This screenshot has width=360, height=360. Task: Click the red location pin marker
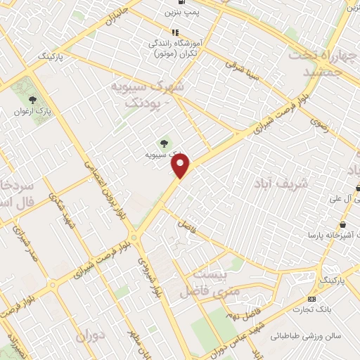pyautogui.click(x=181, y=166)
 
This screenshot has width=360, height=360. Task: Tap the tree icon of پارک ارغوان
pyautogui.click(x=32, y=100)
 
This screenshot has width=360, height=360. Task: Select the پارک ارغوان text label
pyautogui.click(x=32, y=112)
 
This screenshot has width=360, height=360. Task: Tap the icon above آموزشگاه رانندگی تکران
pyautogui.click(x=175, y=32)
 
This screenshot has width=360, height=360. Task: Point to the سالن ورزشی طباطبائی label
pyautogui.click(x=307, y=336)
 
